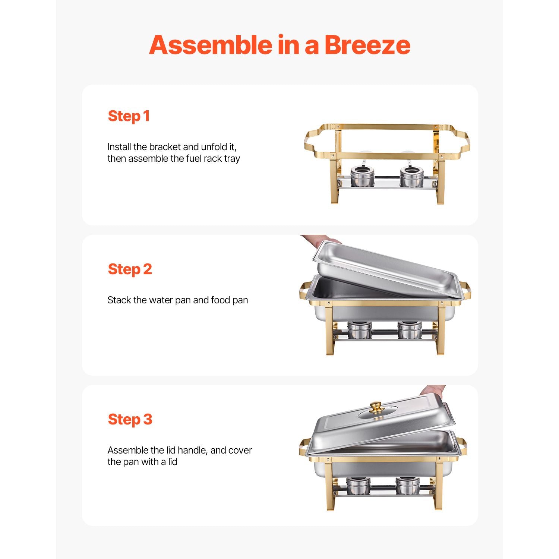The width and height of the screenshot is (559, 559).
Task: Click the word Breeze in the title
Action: (367, 45)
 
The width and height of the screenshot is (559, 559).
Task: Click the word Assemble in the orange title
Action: (211, 45)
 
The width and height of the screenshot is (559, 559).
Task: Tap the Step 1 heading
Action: (129, 116)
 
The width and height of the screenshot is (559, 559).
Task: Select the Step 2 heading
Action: (130, 269)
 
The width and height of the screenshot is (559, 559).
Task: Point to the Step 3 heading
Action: (130, 420)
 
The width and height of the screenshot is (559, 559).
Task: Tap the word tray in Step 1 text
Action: (232, 159)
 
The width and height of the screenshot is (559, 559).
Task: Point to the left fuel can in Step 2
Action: (360, 330)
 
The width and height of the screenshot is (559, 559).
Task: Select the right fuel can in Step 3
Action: (408, 486)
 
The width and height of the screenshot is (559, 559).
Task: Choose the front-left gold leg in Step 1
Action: (335, 179)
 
